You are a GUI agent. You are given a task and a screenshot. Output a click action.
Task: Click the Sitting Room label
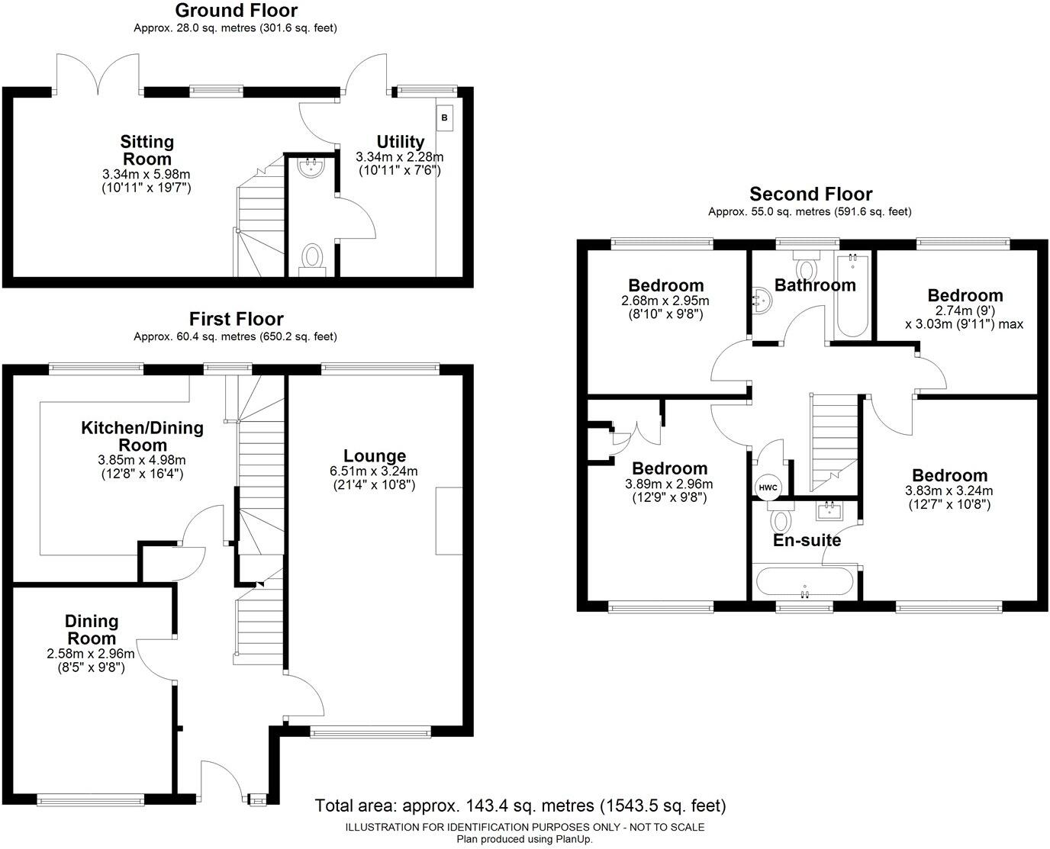click(147, 150)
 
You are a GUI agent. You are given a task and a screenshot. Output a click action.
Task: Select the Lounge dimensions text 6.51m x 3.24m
click(374, 471)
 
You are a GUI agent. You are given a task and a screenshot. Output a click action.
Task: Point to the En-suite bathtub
click(804, 582)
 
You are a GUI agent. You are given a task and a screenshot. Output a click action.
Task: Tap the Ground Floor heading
click(236, 11)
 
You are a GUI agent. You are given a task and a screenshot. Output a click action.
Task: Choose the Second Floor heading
click(810, 194)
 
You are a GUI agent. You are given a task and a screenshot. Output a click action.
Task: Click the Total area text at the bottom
click(520, 806)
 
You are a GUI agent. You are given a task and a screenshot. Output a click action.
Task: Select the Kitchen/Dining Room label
click(143, 436)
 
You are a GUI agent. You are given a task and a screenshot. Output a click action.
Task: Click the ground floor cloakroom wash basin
click(311, 167)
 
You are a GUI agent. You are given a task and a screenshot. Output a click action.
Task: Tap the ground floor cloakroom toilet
click(313, 257)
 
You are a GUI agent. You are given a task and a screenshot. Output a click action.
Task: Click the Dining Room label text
click(92, 630)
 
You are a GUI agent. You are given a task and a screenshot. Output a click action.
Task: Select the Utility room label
click(400, 142)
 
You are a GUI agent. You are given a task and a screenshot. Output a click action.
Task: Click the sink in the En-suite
click(827, 509)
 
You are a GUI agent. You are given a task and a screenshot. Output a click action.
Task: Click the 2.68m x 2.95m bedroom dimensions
click(665, 301)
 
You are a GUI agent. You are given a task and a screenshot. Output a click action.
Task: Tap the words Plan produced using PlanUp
click(524, 839)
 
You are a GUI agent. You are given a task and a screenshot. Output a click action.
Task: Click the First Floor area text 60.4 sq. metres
click(235, 336)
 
